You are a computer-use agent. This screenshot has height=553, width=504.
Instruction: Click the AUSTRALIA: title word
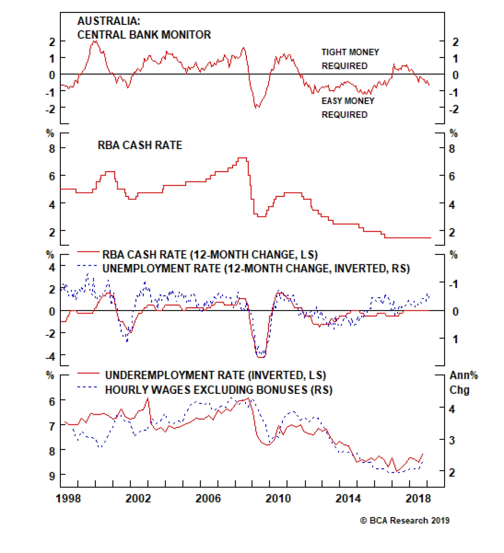[109, 21]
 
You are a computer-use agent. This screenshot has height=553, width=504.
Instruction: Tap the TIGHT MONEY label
[350, 52]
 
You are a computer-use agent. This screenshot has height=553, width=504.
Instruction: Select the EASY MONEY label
[348, 101]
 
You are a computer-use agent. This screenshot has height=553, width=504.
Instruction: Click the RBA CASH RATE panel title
[140, 145]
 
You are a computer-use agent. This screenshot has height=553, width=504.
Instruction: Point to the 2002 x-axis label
[138, 499]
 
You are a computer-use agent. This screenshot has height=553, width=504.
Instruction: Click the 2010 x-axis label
[278, 499]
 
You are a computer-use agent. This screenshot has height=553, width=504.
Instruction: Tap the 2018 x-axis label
[418, 499]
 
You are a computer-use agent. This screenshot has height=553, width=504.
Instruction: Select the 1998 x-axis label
[68, 499]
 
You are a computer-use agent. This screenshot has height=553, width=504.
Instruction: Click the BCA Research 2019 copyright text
[405, 521]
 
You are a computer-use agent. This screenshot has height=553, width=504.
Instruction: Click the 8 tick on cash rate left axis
[52, 148]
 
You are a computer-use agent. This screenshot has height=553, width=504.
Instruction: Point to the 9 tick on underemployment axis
[52, 476]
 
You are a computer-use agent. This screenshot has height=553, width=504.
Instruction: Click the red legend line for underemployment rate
[88, 373]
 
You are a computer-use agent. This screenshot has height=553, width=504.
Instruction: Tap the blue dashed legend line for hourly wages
[88, 387]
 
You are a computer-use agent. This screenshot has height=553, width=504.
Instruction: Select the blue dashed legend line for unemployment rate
[88, 266]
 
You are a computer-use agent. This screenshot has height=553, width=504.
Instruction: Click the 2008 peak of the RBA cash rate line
[242, 158]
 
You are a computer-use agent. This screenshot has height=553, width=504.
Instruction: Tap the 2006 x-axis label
[208, 499]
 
